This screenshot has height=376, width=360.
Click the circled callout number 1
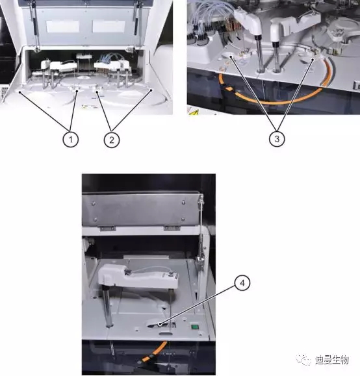click(71, 139)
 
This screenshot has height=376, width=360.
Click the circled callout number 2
click(112, 140)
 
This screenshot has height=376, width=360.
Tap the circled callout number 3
click(277, 138)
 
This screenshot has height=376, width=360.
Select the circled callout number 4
click(242, 283)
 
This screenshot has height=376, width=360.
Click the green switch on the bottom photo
click(194, 327)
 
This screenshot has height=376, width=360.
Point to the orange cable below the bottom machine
click(153, 352)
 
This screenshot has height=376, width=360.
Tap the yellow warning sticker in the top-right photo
click(194, 112)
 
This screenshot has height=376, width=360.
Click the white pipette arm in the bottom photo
click(138, 276)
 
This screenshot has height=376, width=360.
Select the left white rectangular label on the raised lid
click(62, 27)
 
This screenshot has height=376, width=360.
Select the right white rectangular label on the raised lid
click(109, 27)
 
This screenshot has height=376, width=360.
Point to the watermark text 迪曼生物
click(331, 360)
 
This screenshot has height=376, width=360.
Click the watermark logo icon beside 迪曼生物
click(304, 360)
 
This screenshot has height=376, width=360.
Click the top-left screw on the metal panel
click(94, 204)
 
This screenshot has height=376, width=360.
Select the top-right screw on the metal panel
click(183, 203)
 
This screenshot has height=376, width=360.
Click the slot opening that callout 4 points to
click(161, 325)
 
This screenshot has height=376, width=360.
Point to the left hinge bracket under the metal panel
click(108, 229)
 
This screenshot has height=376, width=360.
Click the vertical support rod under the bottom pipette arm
click(108, 308)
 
